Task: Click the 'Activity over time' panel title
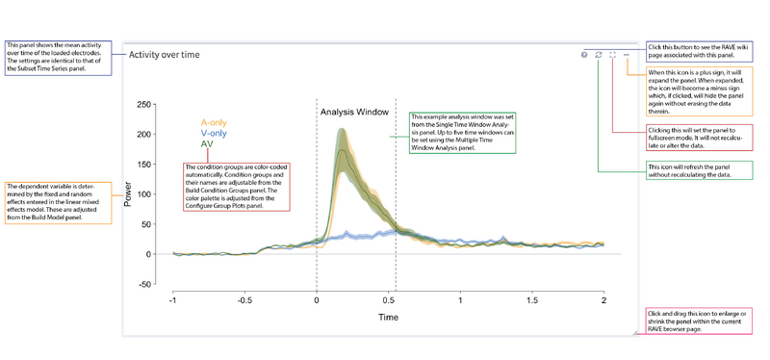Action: [165, 55]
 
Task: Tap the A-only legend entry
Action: [214, 123]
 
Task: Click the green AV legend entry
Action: [207, 144]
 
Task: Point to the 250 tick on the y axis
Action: [144, 105]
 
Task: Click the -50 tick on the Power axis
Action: [145, 284]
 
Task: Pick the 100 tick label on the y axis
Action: [144, 194]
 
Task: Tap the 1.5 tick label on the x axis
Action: [531, 300]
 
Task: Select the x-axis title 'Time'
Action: [388, 317]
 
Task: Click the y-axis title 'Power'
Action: [128, 194]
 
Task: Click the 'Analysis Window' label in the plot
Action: [354, 113]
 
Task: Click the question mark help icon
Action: [584, 55]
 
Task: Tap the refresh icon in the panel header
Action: [598, 55]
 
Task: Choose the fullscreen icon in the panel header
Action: [612, 55]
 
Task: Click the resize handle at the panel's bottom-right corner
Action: [634, 334]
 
